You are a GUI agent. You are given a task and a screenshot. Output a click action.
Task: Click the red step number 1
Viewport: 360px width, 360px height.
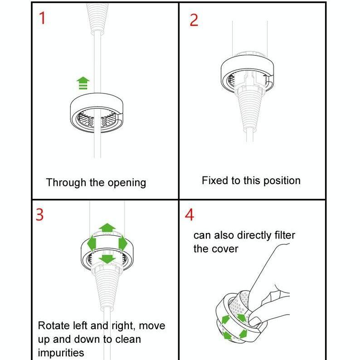click(42, 19)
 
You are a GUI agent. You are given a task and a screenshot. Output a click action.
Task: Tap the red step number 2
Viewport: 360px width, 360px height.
click(194, 20)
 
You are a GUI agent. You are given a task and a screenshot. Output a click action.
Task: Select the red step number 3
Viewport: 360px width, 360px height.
click(40, 214)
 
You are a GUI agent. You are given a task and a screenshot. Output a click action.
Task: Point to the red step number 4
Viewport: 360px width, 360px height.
click(190, 215)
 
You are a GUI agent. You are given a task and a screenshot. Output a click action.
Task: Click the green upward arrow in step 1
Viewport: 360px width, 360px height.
click(83, 83)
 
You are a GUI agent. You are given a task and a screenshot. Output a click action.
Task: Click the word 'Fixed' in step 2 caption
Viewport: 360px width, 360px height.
click(215, 180)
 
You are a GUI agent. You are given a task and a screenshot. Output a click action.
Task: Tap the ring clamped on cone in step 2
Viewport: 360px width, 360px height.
click(247, 73)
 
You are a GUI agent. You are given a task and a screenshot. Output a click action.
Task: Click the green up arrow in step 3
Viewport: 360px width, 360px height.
click(107, 228)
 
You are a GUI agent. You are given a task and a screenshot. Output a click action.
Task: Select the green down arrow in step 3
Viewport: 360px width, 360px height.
click(107, 259)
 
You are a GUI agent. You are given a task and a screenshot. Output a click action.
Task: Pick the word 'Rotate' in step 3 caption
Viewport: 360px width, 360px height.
click(54, 326)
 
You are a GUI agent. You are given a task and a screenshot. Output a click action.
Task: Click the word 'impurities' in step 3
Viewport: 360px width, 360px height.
click(61, 353)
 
